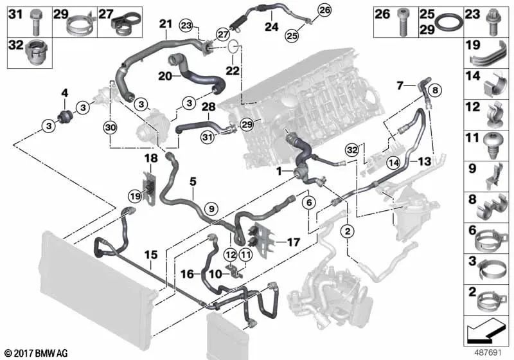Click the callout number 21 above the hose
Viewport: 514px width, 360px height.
pos(166,24)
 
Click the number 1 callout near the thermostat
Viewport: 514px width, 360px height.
pos(279,172)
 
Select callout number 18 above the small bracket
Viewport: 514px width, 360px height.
pos(150,158)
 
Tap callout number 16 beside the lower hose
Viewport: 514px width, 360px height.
pos(187,273)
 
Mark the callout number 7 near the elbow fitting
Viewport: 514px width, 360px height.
pos(400,84)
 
